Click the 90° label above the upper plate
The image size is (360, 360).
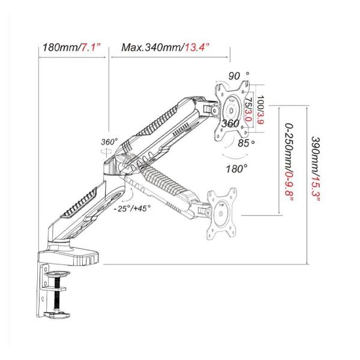click(238, 76)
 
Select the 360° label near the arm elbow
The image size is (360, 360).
click(109, 142)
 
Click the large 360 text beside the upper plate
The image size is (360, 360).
click(231, 124)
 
